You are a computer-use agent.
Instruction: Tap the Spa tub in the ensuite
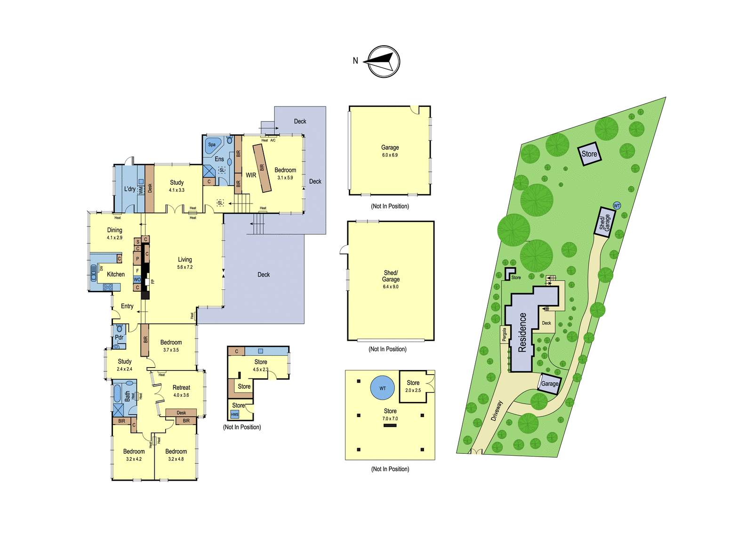point(212,146)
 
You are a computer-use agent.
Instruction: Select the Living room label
point(185,260)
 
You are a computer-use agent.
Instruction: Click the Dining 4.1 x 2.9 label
point(115,233)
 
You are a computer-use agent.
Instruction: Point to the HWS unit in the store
point(235,415)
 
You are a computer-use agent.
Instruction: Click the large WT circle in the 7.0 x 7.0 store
point(383,388)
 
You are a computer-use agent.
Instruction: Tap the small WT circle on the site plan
point(617,205)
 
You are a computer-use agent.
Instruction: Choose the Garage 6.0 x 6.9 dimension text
point(390,155)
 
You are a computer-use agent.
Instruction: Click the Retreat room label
point(182,387)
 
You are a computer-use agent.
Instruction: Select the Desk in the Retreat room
point(181,412)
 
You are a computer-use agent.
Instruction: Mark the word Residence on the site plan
point(522,332)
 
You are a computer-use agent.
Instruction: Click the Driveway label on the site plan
point(497,410)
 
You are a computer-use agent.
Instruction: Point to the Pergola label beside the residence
point(504,335)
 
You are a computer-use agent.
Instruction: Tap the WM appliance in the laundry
point(141,189)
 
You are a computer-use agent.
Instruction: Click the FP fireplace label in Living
point(152,281)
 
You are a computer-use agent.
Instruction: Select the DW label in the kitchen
point(101,268)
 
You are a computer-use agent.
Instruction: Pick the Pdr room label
point(119,337)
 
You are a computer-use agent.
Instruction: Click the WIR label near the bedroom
point(251,175)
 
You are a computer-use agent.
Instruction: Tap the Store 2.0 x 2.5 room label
point(413,386)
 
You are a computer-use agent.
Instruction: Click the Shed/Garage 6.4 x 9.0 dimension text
point(391,287)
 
